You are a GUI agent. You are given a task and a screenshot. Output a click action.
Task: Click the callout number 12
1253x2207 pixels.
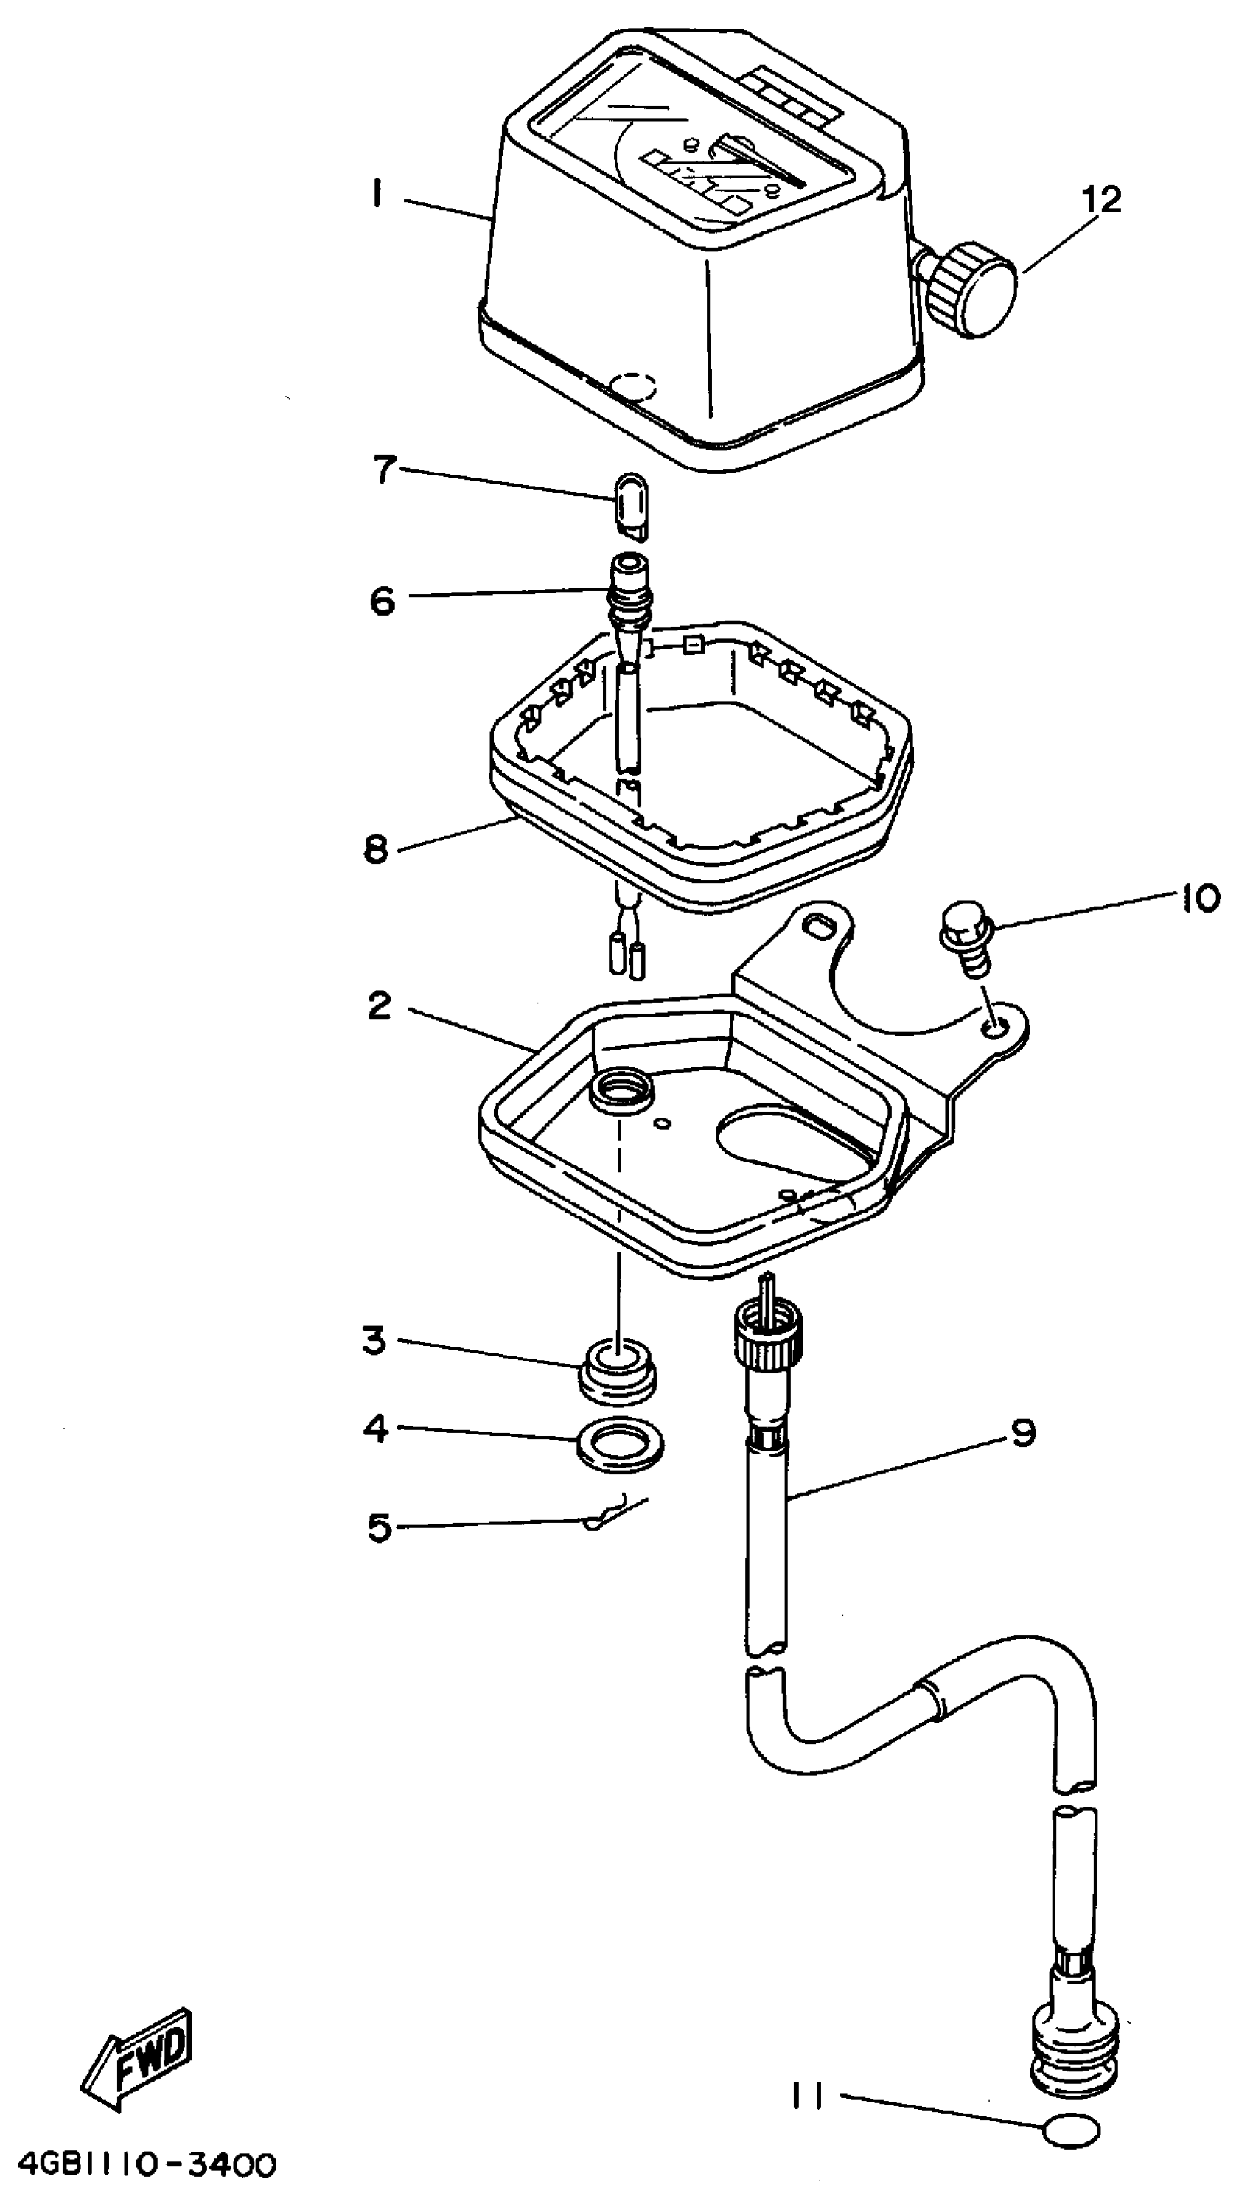point(1102,201)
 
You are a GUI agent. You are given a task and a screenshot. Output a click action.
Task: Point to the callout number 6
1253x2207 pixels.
point(382,600)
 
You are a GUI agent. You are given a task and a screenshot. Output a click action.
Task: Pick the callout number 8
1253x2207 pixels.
point(376,850)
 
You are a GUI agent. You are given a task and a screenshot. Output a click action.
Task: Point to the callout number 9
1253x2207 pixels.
point(1022,1432)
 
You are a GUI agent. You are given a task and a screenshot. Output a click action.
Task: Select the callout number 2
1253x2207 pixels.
point(379,1006)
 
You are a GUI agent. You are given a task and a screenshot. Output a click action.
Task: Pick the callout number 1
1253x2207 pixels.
point(375,196)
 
